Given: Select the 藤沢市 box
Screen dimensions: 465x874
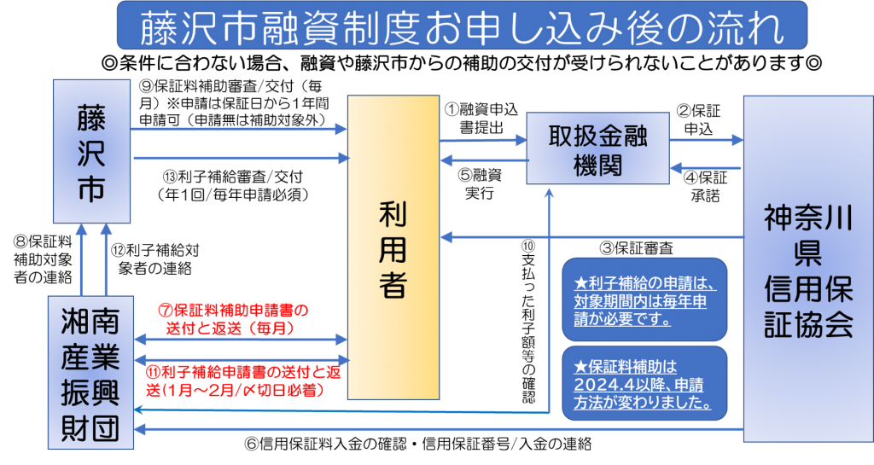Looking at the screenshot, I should click(91, 152).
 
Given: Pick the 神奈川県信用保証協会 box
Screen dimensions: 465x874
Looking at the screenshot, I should click(807, 269).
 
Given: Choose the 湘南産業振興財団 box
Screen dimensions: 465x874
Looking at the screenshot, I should click(91, 372).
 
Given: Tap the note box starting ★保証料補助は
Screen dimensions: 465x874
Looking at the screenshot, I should click(644, 383).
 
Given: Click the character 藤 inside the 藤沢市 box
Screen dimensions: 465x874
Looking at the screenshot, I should click(91, 118).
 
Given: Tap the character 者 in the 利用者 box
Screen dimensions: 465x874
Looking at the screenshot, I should click(393, 286).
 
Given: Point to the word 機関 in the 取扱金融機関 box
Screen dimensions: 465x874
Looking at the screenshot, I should click(597, 165).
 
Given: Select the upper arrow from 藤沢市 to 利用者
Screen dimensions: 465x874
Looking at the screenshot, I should click(239, 130).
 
